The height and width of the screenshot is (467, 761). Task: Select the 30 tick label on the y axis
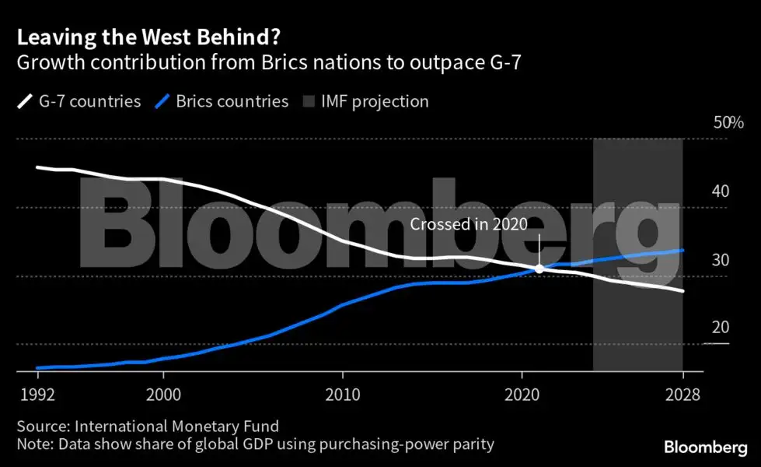720,260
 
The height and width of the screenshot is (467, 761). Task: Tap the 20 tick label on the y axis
720,328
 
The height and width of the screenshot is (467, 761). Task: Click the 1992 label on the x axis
37,395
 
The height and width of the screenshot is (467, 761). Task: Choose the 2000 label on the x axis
163,395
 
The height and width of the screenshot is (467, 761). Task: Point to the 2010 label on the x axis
342,395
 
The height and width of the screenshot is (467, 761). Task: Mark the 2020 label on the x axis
522,395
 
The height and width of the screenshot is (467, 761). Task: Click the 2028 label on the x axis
682,395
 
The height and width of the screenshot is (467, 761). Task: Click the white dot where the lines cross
539,269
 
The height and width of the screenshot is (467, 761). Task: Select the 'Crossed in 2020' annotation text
469,225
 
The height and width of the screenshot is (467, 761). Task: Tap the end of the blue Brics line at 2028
682,251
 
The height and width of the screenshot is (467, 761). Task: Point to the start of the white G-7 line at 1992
37,167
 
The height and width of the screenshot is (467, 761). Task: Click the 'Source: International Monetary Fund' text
148,427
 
